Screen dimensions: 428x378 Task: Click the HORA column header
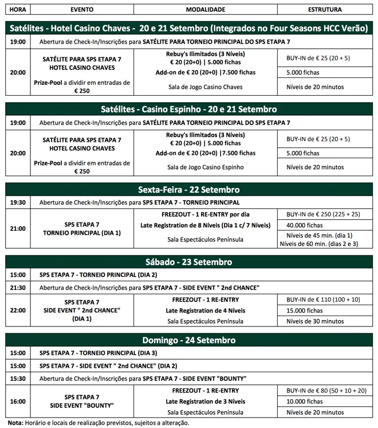[x=18, y=10]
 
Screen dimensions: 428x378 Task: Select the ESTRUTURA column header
[x=325, y=10]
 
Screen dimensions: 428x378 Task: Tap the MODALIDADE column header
[x=206, y=10]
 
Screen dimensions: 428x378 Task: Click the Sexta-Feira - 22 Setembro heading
[x=189, y=190]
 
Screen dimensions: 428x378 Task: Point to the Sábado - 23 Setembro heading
[x=189, y=262]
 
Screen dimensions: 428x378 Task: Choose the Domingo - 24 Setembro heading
[x=189, y=340]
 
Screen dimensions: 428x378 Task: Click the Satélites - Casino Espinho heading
[x=189, y=109]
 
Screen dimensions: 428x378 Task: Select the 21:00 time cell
[x=18, y=228]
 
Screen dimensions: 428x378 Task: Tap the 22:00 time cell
[x=18, y=310]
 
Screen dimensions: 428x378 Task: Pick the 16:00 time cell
[x=18, y=401]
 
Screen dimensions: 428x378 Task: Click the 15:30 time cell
[x=18, y=378]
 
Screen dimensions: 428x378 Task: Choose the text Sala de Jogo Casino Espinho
[x=206, y=168]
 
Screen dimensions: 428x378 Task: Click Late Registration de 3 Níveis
[x=205, y=401]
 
